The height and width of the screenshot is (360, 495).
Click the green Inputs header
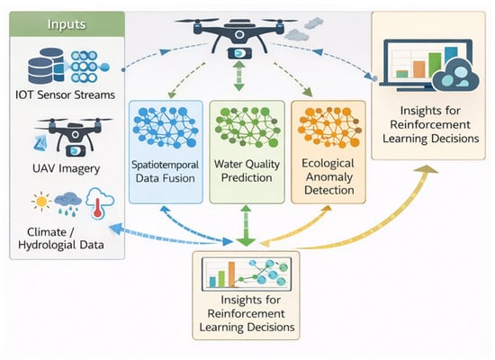[x=67, y=24]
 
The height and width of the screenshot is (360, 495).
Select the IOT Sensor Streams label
[x=65, y=94]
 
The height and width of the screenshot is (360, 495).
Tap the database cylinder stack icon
[x=46, y=66]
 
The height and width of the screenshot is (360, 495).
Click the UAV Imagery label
[x=66, y=168]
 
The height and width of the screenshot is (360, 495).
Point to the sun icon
[x=41, y=202]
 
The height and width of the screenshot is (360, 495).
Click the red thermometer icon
[x=98, y=207]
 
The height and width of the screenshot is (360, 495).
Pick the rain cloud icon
[x=67, y=203]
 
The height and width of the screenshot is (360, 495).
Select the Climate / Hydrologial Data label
[x=61, y=238]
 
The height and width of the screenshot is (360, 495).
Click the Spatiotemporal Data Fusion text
[x=165, y=172]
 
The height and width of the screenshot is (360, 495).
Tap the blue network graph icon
[x=166, y=127]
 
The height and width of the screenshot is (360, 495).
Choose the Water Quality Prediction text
[x=247, y=171]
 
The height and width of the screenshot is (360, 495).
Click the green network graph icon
[x=247, y=127]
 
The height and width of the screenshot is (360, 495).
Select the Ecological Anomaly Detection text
[x=328, y=176]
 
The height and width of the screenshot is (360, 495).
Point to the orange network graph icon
[x=329, y=127]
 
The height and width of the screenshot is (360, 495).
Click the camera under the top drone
[x=240, y=53]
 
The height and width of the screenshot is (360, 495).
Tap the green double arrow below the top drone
[x=239, y=76]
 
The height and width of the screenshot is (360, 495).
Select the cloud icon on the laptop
[x=455, y=76]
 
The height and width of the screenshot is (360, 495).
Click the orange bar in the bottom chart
[x=231, y=274]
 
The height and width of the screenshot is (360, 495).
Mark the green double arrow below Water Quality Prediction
[x=246, y=226]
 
